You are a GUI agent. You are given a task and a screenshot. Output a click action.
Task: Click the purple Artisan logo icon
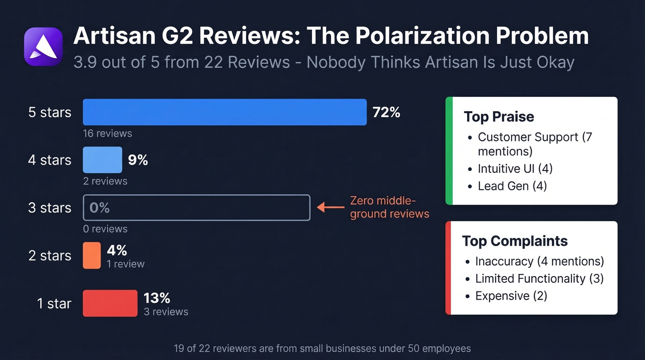pyautogui.click(x=43, y=47)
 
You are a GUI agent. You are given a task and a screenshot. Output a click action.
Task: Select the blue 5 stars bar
pyautogui.click(x=224, y=112)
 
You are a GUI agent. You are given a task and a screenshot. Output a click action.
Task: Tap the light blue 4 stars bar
pyautogui.click(x=102, y=160)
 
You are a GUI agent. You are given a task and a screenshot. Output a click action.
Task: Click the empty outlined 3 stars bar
pyautogui.click(x=196, y=208)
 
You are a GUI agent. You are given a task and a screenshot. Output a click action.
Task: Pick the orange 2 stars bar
pyautogui.click(x=92, y=255)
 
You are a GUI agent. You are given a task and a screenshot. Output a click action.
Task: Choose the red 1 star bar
pyautogui.click(x=110, y=303)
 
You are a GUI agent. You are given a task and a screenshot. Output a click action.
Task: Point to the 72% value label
pyautogui.click(x=386, y=112)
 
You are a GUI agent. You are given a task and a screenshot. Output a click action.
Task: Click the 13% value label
pyautogui.click(x=157, y=298)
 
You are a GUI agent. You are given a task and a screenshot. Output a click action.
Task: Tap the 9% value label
pyautogui.click(x=138, y=160)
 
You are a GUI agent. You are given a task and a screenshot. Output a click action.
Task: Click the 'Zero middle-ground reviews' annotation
pyautogui.click(x=389, y=207)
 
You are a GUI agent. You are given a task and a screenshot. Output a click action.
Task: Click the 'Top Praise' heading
pyautogui.click(x=498, y=117)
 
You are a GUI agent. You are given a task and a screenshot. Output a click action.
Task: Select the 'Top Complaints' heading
pyautogui.click(x=515, y=241)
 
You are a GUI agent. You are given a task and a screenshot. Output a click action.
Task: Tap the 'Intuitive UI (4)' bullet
pyautogui.click(x=515, y=169)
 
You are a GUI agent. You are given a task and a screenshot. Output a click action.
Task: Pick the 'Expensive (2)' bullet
pyautogui.click(x=511, y=296)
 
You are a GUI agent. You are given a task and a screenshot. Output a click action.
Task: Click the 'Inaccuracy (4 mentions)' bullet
pyautogui.click(x=539, y=261)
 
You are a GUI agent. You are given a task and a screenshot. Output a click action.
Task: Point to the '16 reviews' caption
pyautogui.click(x=107, y=134)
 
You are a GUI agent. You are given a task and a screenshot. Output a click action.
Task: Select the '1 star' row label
pyautogui.click(x=54, y=304)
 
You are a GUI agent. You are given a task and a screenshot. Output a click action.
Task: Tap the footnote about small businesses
pyautogui.click(x=322, y=348)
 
